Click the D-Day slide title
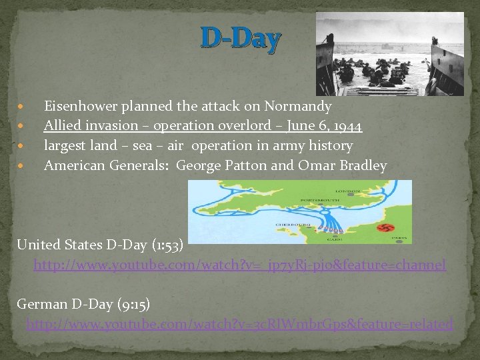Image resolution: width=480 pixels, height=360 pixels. click(x=240, y=40)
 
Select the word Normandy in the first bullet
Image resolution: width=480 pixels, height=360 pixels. click(x=297, y=106)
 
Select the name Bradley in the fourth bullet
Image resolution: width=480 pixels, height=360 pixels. click(x=363, y=165)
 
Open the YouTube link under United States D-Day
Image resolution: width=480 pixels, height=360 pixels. click(x=240, y=265)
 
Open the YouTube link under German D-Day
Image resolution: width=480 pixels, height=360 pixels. click(x=240, y=325)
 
